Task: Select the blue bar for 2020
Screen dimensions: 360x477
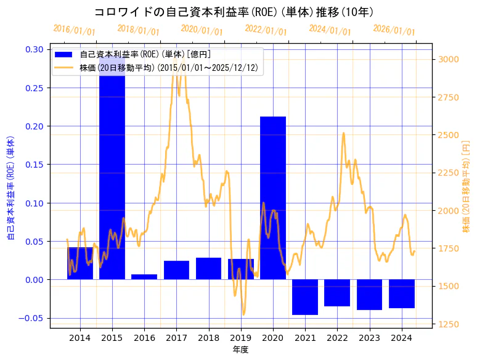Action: click(273, 197)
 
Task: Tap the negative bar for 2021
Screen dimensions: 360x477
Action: click(305, 297)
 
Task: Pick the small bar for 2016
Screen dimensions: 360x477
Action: click(144, 277)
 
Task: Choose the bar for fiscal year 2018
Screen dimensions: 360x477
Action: click(208, 268)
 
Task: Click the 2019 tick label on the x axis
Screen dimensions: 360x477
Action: click(240, 337)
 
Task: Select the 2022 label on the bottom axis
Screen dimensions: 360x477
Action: click(337, 337)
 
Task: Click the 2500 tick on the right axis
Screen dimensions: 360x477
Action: click(448, 135)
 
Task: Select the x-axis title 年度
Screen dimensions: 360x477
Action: click(240, 350)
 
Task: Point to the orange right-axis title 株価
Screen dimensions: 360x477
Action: click(466, 186)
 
